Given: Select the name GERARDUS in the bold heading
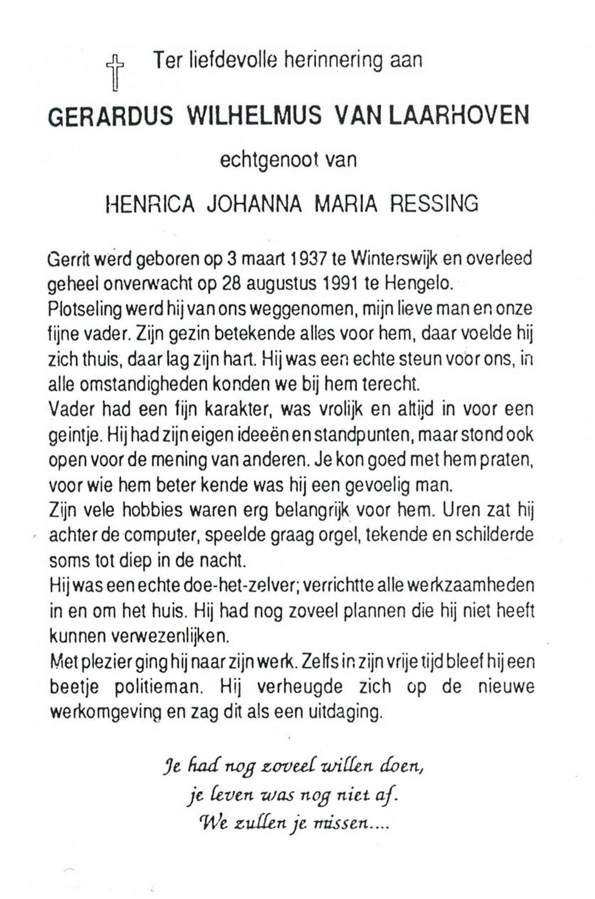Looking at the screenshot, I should (111, 116).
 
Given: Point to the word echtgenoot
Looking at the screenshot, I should (268, 160).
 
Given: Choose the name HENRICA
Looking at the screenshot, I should (150, 204).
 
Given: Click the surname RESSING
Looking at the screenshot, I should (434, 204).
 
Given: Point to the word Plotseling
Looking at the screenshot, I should (85, 309).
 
